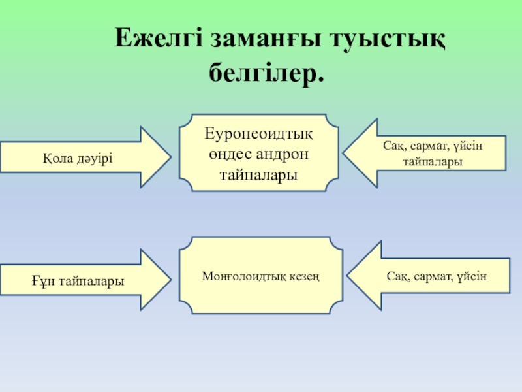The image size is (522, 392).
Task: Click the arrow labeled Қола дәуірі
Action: click(x=85, y=157)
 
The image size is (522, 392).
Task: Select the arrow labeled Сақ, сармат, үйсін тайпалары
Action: click(x=424, y=153)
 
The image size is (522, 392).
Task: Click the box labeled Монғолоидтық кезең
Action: click(x=260, y=276)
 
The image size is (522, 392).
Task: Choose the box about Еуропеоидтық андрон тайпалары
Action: click(x=260, y=154)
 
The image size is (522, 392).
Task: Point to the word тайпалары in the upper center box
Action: click(x=260, y=175)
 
